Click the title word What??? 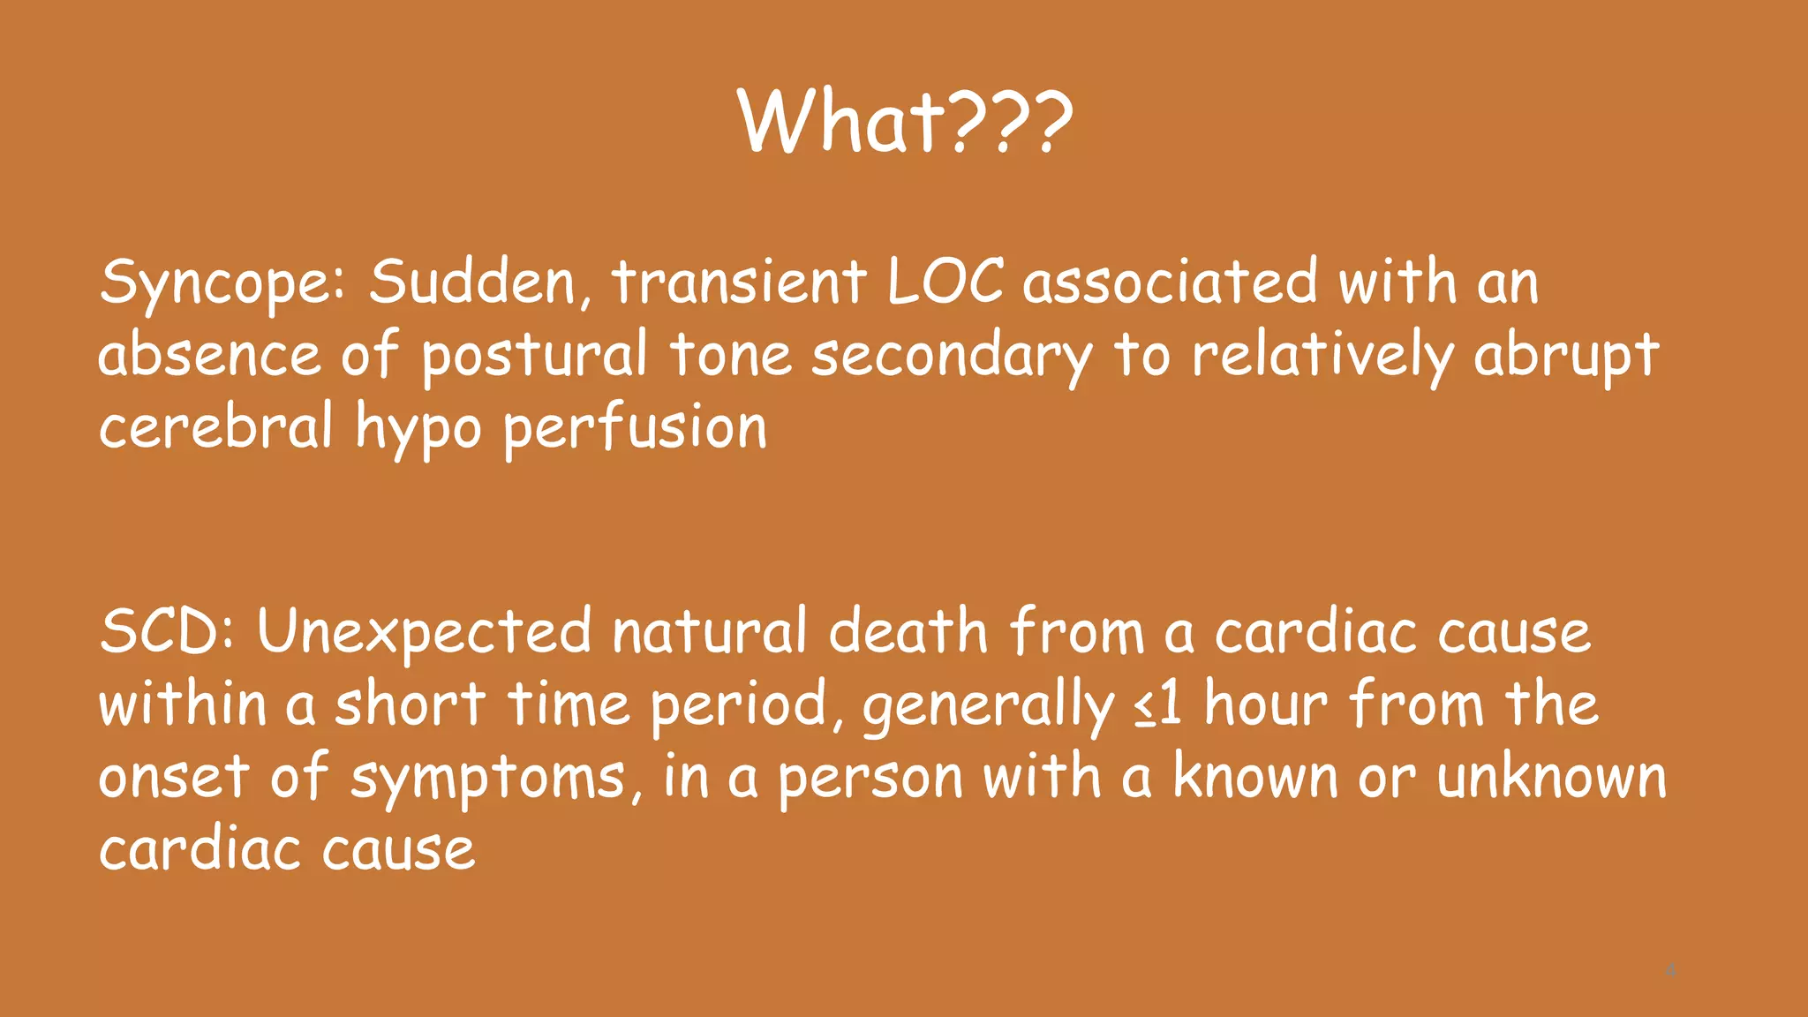pos(905,123)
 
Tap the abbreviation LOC pos(945,282)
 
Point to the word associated pos(1170,282)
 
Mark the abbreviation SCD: pos(168,632)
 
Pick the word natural pos(709,632)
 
